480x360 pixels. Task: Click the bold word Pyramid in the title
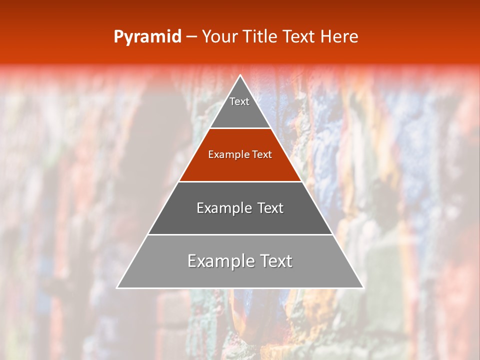(147, 37)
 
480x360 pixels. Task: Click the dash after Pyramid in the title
(191, 37)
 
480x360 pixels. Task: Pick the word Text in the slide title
(299, 36)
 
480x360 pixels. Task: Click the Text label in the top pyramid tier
(239, 101)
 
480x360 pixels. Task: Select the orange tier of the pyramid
(240, 165)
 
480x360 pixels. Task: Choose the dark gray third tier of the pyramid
(240, 220)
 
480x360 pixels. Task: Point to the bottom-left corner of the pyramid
(117, 287)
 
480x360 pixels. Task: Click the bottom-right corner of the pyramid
(362, 287)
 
